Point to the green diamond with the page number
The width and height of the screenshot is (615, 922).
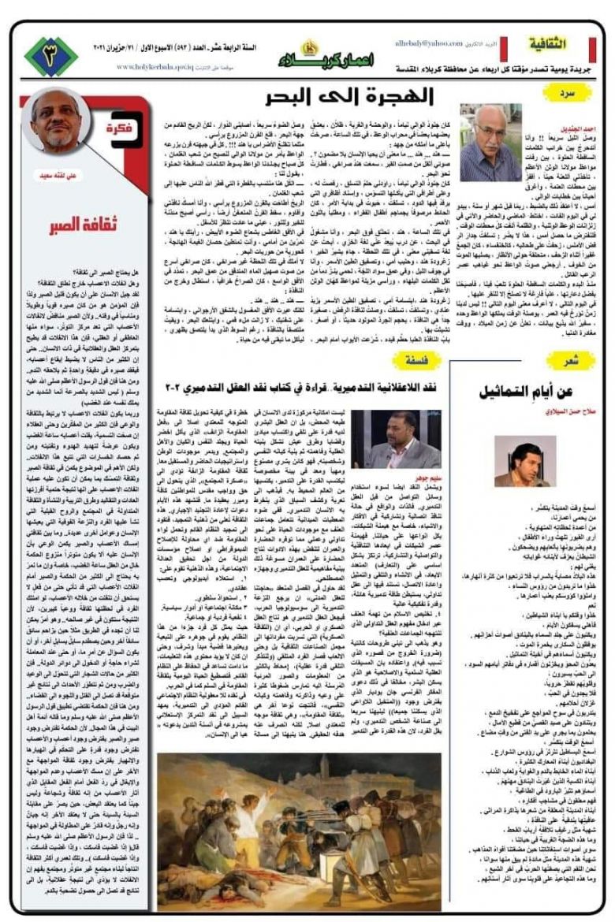pos(52,56)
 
